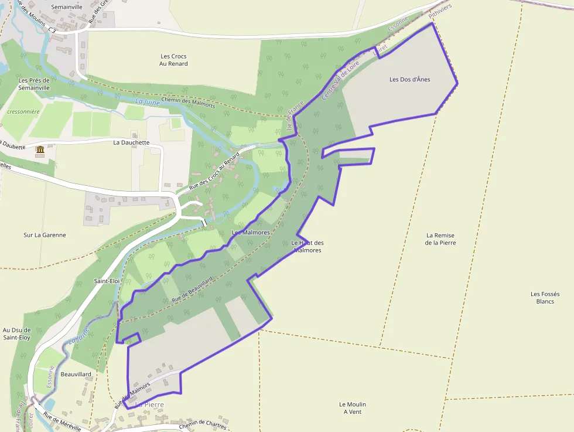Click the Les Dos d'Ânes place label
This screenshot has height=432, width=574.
coord(409,79)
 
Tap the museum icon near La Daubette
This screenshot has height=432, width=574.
coord(40,151)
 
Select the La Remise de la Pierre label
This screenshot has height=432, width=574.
coord(440,239)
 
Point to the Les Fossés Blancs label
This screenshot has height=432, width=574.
coord(545,297)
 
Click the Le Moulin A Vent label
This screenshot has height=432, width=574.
coord(353,408)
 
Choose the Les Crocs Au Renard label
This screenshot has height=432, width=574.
coord(173,60)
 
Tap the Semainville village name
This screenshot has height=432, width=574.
coord(67,6)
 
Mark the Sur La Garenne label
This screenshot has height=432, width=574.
coord(45,235)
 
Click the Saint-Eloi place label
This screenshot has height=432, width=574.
coord(107,281)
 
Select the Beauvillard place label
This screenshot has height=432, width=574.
coord(76,374)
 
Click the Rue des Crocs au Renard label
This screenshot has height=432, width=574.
coord(214,171)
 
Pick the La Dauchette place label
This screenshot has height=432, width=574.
coord(131,142)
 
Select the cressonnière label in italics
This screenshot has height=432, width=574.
coord(23,111)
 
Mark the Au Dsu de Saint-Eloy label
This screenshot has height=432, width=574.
coord(16,334)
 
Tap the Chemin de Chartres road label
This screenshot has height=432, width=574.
coord(203,424)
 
